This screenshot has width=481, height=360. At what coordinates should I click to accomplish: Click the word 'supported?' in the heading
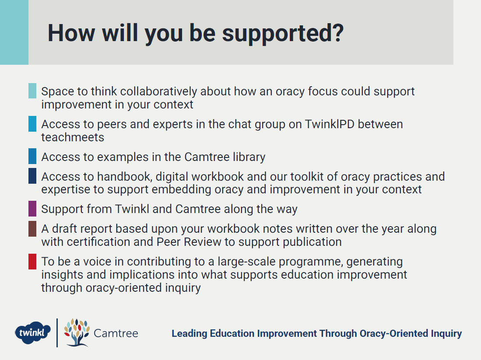[283, 34]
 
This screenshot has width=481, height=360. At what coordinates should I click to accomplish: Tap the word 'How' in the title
[71, 33]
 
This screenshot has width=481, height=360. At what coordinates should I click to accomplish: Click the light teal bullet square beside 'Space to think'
[32, 91]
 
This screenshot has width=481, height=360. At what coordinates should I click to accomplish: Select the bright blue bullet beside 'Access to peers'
[32, 124]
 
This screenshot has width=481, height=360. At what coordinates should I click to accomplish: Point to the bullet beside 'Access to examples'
[32, 156]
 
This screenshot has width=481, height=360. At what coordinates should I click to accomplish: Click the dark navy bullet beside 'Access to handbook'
[32, 176]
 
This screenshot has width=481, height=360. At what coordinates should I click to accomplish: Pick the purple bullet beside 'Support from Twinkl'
[32, 209]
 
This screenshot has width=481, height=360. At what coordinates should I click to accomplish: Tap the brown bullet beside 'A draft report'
[32, 229]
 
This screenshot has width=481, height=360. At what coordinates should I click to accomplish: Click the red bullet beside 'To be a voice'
[32, 262]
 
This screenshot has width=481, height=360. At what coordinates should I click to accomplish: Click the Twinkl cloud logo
[32, 333]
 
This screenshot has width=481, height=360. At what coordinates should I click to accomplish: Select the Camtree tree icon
[77, 333]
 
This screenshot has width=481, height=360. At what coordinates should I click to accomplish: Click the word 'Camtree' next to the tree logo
[116, 333]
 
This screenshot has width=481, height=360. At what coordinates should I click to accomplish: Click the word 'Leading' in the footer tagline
[189, 334]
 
